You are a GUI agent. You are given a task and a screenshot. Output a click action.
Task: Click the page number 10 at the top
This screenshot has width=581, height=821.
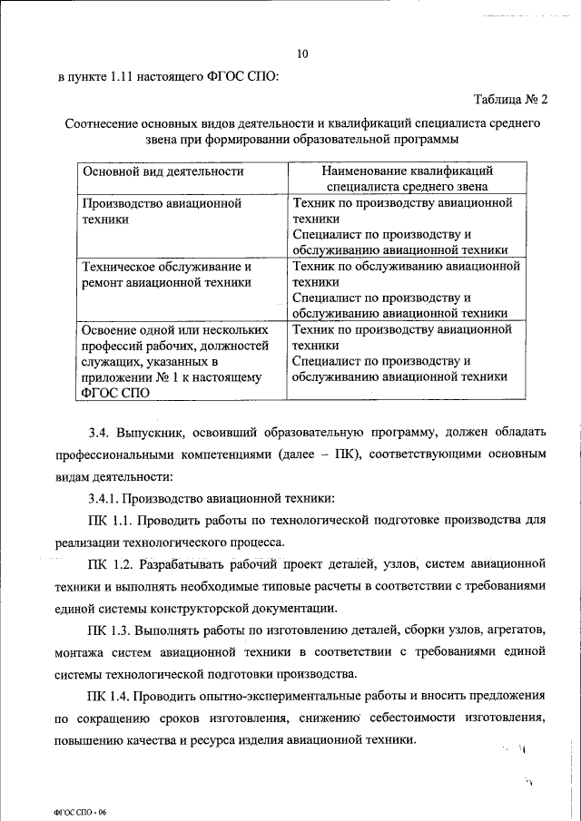coord(302,54)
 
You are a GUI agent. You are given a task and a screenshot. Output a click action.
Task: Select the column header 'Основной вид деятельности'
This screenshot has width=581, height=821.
coord(162,171)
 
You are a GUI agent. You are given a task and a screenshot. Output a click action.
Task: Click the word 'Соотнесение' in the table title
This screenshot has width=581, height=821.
coord(104,121)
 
